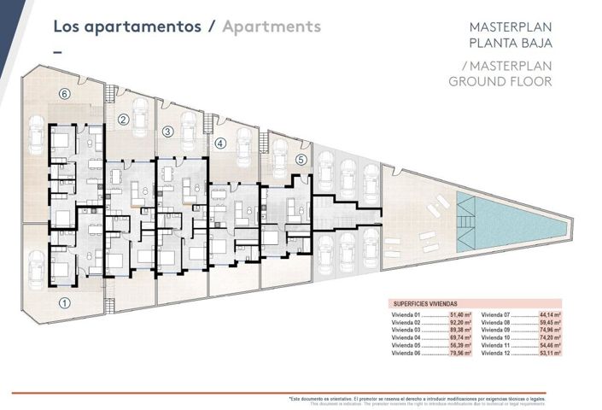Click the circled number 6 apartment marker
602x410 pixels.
coord(63,93)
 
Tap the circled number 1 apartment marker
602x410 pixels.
coord(63,302)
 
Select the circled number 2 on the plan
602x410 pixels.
coord(123,120)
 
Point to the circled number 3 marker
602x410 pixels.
coord(167,131)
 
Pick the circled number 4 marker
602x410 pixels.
coord(219,143)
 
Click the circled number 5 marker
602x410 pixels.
coord(300,159)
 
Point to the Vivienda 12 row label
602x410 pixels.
coord(496,352)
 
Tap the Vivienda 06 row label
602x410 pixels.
coord(406,352)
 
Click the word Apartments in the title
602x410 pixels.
coord(271,26)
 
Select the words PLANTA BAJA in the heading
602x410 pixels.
coord(511,43)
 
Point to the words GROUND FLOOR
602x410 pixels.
coord(500,82)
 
